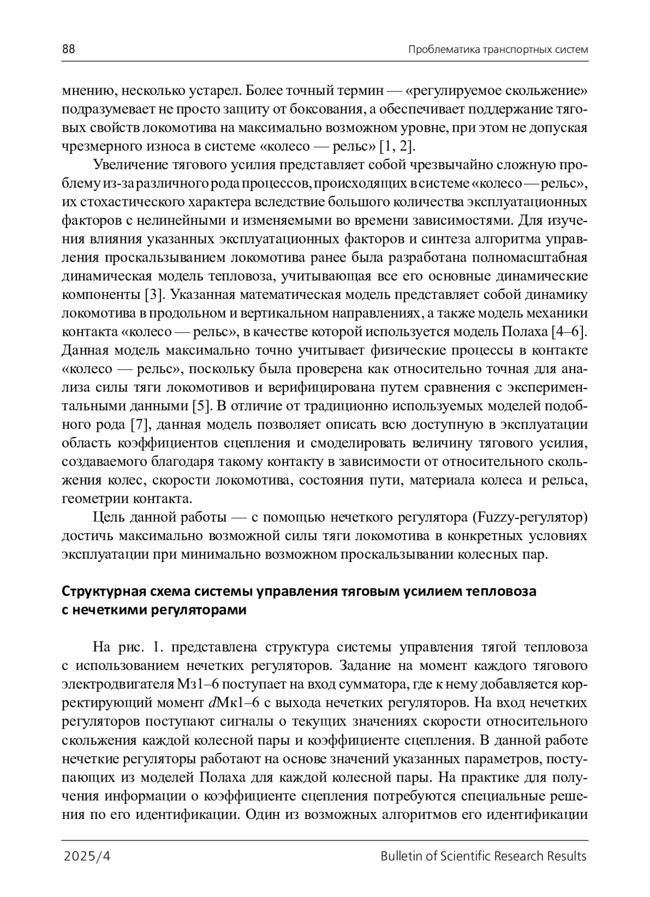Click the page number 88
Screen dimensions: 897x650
[x=68, y=49]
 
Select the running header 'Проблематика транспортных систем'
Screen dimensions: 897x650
[x=498, y=50]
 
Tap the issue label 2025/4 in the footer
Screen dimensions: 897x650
[x=87, y=856]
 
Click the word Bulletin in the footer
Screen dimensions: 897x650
[x=400, y=856]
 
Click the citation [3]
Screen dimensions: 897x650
[x=153, y=295]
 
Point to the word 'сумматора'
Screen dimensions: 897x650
[x=369, y=685]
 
